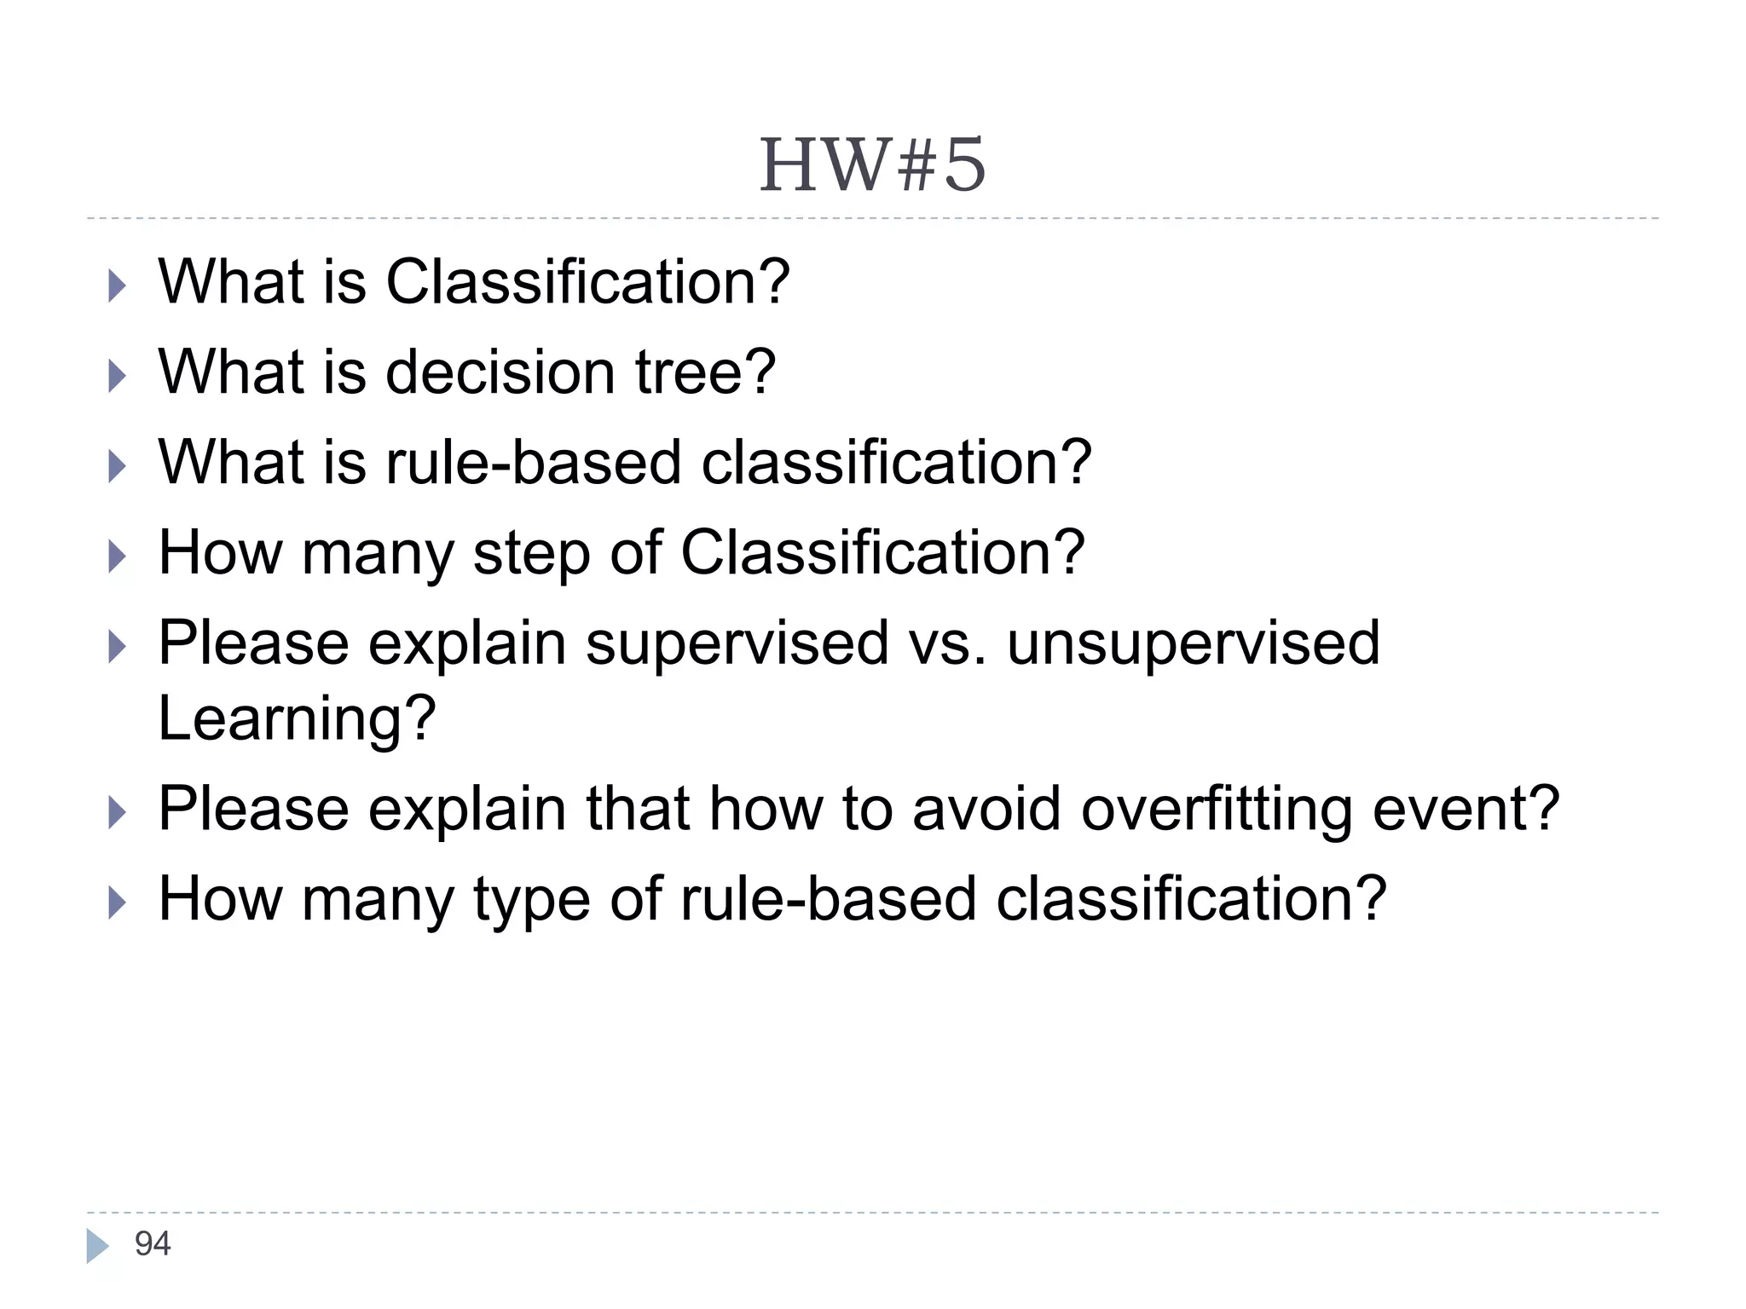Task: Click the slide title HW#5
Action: [872, 165]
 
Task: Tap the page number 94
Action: [153, 1243]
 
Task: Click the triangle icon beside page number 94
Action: [97, 1245]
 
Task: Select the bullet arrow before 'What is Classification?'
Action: [117, 285]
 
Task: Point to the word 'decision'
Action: [500, 372]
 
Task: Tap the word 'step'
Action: [531, 554]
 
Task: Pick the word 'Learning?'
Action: [297, 718]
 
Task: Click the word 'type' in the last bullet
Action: [531, 900]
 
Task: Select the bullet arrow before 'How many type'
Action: [117, 902]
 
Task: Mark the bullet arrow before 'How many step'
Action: [117, 556]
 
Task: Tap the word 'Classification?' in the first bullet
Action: [587, 282]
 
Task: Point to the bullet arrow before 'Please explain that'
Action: [117, 812]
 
